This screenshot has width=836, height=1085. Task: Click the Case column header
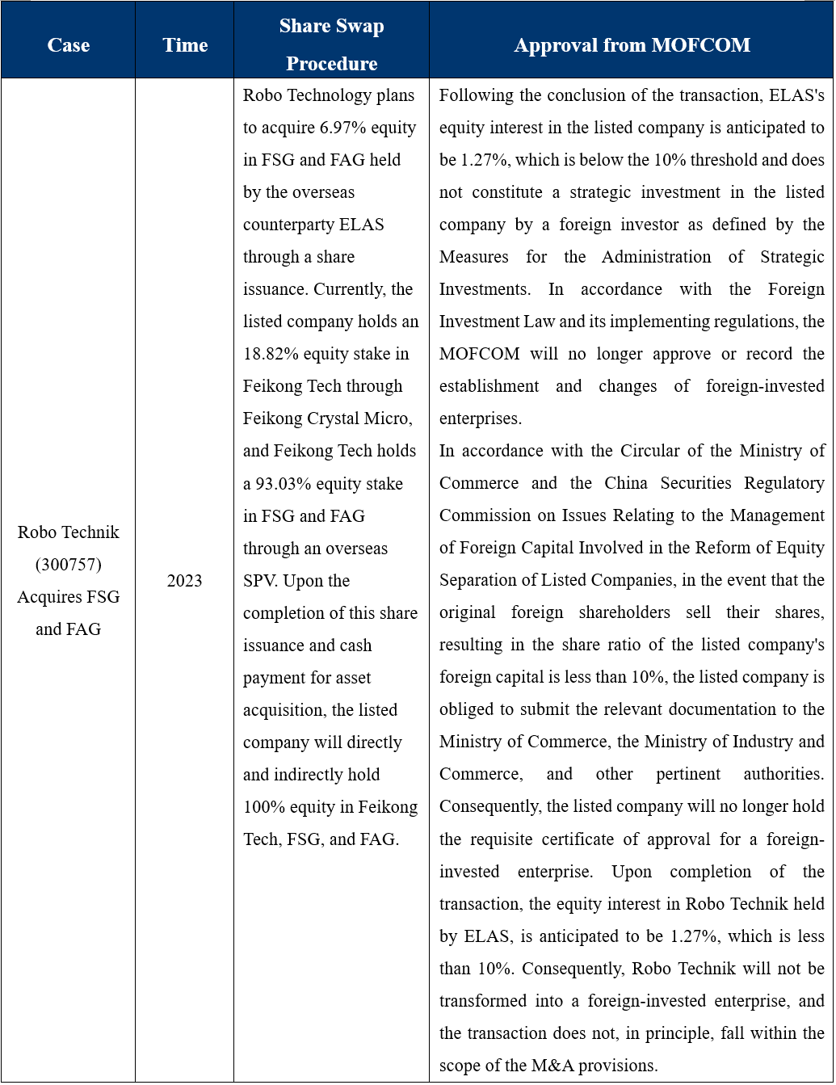[x=68, y=45]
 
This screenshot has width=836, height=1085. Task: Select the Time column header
[x=185, y=45]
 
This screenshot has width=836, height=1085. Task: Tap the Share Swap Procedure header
[x=331, y=44]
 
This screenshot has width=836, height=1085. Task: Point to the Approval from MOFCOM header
[x=632, y=45]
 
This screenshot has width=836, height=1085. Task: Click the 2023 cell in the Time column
[x=184, y=581]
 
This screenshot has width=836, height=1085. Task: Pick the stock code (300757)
[x=69, y=565]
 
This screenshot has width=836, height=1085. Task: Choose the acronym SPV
[x=260, y=581]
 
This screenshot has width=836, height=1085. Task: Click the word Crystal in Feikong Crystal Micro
[x=336, y=418]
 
